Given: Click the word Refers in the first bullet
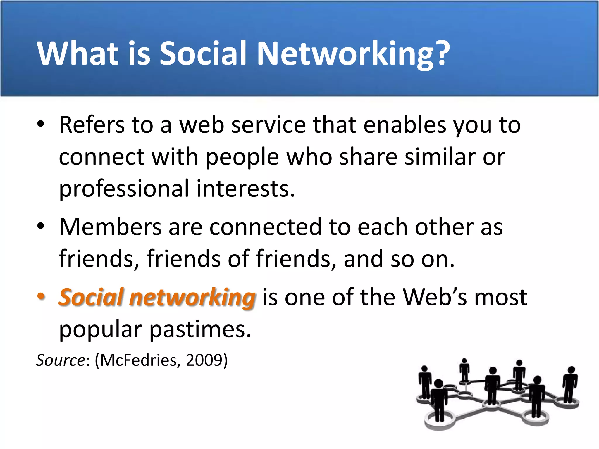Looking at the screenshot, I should coord(92,125).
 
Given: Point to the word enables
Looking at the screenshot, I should coord(405,125).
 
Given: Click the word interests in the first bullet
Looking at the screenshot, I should coord(246,189).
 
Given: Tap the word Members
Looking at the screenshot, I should coord(110,227).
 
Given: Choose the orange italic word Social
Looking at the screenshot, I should coord(91,297).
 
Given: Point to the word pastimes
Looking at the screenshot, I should coord(200,329).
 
